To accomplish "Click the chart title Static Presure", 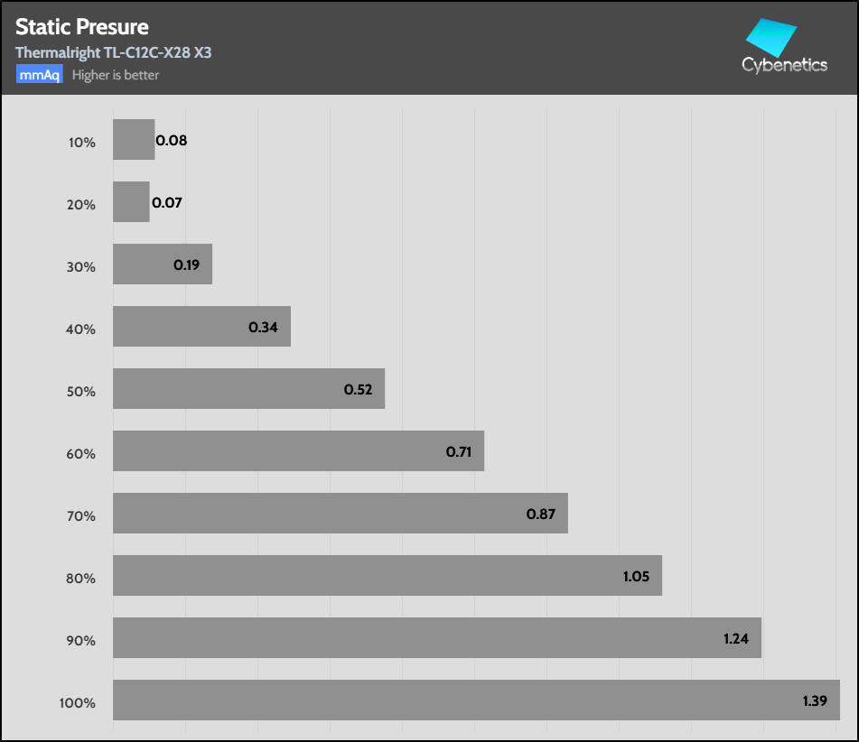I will pos(82,28).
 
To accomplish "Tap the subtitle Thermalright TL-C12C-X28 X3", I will pos(114,52).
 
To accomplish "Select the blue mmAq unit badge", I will pos(39,75).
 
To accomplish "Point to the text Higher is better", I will pos(116,75).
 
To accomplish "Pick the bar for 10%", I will pos(134,140).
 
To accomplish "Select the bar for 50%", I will pos(248,388).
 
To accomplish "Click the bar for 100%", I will pos(476,700).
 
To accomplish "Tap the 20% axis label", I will pos(81,205).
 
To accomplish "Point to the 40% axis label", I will pos(81,329).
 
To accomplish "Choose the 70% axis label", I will pos(81,516).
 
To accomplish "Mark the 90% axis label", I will pos(81,641).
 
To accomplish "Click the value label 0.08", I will pos(172,141).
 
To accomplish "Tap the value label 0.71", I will pos(460,451).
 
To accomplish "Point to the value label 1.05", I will pos(637,576).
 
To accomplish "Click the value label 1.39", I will pos(816,700).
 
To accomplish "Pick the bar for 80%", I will pos(387,575).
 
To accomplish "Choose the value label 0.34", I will pos(263,327).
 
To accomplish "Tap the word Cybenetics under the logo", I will pos(784,65).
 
